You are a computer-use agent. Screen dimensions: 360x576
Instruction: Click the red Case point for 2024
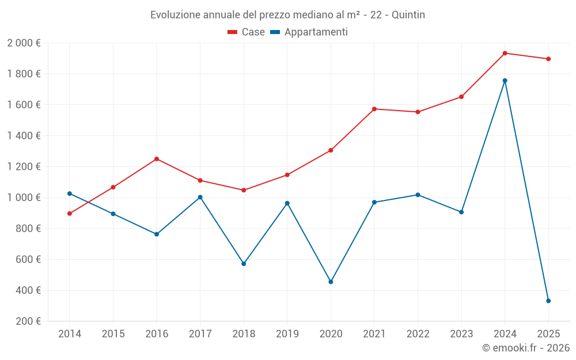click(x=505, y=53)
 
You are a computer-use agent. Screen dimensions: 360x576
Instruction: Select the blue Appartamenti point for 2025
click(x=548, y=301)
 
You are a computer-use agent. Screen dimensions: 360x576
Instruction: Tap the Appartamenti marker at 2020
click(x=331, y=282)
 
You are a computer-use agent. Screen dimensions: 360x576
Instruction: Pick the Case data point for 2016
click(x=157, y=159)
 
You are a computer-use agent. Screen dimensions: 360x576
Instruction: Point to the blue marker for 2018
click(x=244, y=264)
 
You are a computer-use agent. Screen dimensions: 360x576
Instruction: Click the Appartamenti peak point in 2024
click(x=505, y=81)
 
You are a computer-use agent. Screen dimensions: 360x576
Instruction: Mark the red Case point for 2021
click(x=374, y=109)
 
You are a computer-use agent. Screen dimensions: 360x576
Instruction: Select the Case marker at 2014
click(x=70, y=214)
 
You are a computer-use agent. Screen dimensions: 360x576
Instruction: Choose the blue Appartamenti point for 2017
click(x=200, y=197)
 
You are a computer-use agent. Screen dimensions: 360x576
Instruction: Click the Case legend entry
click(x=247, y=32)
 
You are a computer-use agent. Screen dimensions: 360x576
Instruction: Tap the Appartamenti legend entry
click(x=309, y=32)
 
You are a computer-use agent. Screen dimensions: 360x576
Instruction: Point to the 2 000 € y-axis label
click(x=24, y=43)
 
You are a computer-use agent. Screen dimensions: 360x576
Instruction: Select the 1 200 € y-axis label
click(x=24, y=167)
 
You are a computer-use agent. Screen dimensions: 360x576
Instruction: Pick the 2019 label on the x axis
click(x=287, y=334)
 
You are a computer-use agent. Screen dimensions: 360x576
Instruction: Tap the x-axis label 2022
click(x=418, y=334)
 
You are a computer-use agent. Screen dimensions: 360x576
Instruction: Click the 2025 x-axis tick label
click(x=548, y=334)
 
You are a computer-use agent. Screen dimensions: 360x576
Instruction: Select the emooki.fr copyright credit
click(x=526, y=348)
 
